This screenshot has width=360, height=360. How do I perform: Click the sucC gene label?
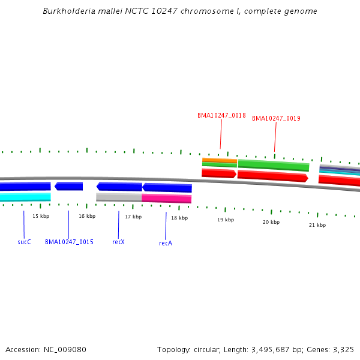(24, 242)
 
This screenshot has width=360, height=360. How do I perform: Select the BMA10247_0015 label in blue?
(69, 242)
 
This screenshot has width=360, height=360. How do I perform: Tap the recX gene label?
(118, 242)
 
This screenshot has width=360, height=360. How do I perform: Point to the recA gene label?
(166, 243)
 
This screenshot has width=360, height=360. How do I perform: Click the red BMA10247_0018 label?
(221, 115)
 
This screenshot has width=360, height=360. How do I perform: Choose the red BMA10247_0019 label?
(276, 118)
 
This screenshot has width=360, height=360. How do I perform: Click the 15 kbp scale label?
(41, 216)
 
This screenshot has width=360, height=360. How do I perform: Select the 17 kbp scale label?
(133, 217)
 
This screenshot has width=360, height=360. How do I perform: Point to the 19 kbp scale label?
(225, 220)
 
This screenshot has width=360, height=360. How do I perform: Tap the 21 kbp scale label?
(317, 225)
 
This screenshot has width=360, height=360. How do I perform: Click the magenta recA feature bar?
(167, 199)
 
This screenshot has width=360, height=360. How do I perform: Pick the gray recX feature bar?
(119, 197)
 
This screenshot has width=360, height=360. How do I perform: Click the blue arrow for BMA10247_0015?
(68, 186)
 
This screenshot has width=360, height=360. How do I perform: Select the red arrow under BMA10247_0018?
(219, 173)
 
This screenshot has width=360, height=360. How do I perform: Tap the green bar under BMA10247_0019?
(274, 165)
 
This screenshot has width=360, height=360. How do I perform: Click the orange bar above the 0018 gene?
(220, 160)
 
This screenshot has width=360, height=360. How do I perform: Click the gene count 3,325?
(343, 349)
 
